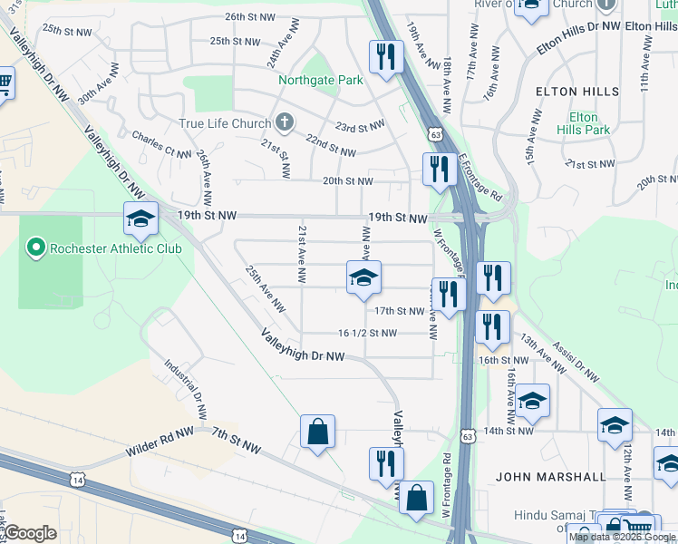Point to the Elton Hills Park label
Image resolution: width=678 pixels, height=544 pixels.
pyautogui.click(x=583, y=123)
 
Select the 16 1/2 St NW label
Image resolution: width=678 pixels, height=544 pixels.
pyautogui.click(x=367, y=333)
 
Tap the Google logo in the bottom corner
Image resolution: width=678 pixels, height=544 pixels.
pyautogui.click(x=29, y=533)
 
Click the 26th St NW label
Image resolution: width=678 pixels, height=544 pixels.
pyautogui.click(x=249, y=16)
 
